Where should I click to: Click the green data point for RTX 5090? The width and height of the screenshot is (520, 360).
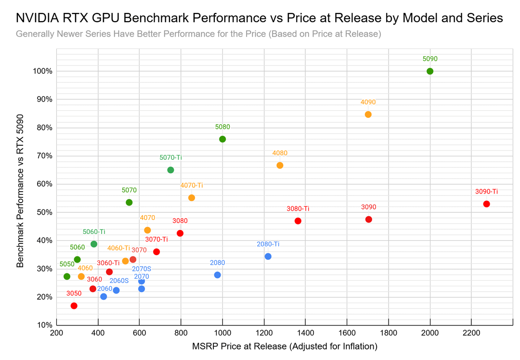tap(430, 71)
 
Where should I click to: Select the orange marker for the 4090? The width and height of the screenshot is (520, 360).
tap(368, 115)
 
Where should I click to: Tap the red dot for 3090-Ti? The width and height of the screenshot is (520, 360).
tap(486, 204)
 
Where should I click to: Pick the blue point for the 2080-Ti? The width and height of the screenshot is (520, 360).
tap(268, 257)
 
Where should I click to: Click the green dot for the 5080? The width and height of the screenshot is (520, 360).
tap(222, 139)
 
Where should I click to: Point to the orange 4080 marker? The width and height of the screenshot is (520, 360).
tap(280, 166)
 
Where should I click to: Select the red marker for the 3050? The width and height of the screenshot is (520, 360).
tap(74, 306)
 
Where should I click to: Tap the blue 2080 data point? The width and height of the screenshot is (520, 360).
tap(217, 275)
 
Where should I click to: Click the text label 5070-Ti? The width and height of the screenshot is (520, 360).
tap(170, 157)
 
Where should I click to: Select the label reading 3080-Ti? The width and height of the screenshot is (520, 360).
tap(298, 209)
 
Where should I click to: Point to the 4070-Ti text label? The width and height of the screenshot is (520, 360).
tap(192, 185)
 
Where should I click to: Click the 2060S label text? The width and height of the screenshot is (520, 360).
tap(119, 281)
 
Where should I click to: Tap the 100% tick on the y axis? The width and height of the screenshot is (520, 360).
tap(42, 71)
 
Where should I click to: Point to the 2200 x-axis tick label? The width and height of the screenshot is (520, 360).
tap(471, 332)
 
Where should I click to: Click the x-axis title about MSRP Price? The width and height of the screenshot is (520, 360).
tap(284, 346)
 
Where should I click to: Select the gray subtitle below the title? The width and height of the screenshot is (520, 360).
tap(198, 34)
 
